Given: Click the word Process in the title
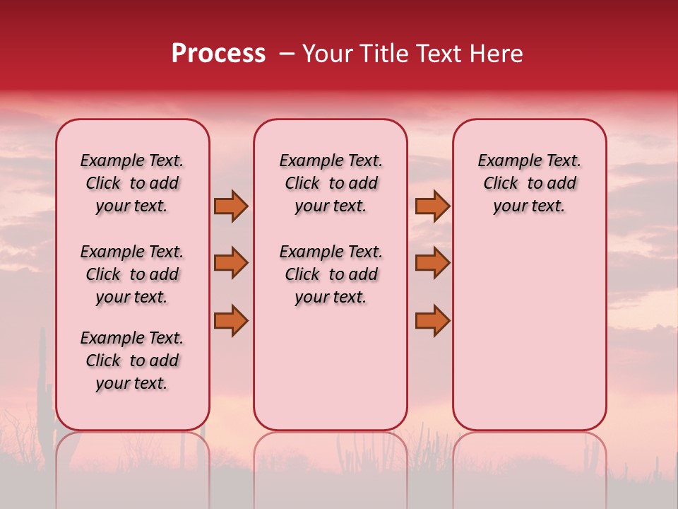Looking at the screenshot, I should pos(218,54).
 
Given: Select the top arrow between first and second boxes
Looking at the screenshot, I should pos(231,206).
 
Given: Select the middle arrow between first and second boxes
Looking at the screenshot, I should pos(231,263).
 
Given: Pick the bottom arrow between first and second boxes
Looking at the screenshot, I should pos(231,321).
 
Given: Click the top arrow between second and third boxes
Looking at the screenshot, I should pos(432,206).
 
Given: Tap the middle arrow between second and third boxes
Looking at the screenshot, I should pos(432,263).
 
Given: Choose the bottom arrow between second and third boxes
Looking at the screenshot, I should pos(432,321).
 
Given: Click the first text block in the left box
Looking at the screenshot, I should pos(132,183).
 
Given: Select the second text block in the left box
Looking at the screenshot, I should pos(132,274).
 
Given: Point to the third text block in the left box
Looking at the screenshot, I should pos(132,361).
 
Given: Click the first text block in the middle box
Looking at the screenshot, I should pos(331,183).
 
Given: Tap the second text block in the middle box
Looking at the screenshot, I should pos(331,274).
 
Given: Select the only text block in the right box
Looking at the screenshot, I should pos(530,183).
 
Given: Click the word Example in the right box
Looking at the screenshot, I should pos(504,161).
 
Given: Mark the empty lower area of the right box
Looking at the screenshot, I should pos(530,332).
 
